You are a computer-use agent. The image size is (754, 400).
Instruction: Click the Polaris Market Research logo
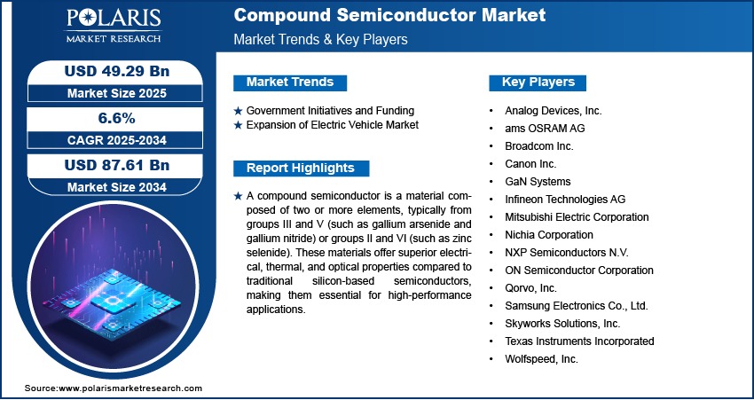114,25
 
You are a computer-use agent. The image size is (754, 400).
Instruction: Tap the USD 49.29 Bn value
117,71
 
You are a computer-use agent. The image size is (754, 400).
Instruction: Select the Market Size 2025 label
117,93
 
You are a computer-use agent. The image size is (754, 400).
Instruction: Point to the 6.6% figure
117,118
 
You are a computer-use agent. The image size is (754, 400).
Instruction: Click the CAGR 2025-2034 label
117,140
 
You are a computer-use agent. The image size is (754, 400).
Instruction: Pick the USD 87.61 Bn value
117,165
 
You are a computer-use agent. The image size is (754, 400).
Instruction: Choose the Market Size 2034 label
117,187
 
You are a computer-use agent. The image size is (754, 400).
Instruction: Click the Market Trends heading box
290,82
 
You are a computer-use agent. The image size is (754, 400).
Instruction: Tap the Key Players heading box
538,82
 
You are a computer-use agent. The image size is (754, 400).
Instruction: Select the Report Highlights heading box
301,169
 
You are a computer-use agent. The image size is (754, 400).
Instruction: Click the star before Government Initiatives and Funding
238,111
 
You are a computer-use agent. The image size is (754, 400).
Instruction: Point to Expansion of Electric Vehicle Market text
333,125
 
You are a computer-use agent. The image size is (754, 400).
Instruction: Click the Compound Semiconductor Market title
389,15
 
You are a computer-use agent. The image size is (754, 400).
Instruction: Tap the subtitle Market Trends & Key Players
320,39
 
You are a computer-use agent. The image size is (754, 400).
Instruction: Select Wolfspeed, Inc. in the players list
541,358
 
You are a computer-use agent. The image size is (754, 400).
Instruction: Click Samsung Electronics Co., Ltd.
577,305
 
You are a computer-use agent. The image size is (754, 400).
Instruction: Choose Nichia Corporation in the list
549,235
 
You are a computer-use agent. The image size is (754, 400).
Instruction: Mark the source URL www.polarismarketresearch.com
130,388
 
